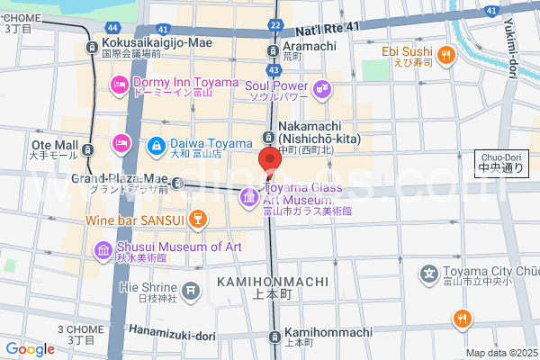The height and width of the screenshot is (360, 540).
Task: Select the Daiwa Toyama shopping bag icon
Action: pos(155,143)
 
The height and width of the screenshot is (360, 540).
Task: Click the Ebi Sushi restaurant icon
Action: pos(444,58)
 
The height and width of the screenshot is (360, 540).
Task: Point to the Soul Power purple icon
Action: pos(323,89)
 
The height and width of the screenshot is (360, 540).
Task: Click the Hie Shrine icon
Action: pos(190,290)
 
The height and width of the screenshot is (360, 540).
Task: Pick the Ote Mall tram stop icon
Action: pos(87,148)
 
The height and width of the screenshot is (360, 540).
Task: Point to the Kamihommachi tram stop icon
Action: pos(274,336)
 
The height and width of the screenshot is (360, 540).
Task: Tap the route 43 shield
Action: pos(274,68)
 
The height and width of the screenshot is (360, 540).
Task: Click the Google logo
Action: pos(30,348)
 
